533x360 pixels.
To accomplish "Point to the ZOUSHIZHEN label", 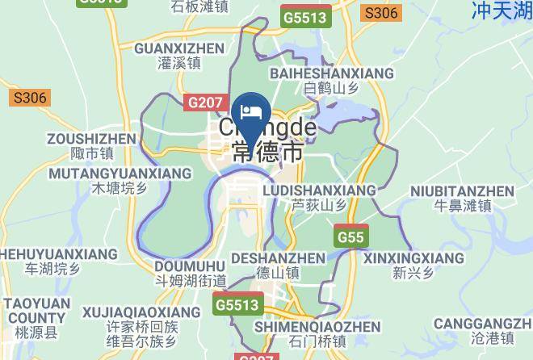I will [x=91, y=139].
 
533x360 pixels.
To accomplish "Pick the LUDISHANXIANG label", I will [x=319, y=190].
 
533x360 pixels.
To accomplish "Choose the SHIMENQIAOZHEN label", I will [x=317, y=326].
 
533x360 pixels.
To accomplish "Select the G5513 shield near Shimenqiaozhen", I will [x=238, y=305].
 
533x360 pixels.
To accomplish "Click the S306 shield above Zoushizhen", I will [x=31, y=98].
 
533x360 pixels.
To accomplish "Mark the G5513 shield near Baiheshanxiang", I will [x=305, y=15].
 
